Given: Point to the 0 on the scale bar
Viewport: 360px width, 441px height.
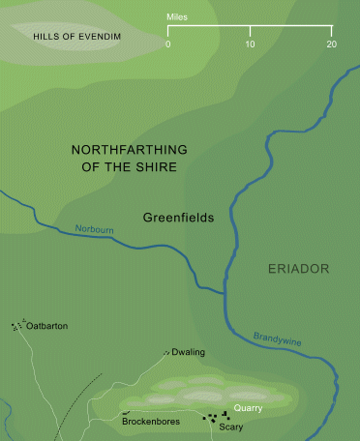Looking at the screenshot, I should tap(167, 44).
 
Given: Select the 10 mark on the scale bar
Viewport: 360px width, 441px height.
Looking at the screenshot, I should tap(250, 44).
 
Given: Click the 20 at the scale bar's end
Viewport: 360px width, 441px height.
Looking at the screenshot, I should tap(331, 44).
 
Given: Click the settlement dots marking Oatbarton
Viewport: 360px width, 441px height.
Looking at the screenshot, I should tap(16, 326).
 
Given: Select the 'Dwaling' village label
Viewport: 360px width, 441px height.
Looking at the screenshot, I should tap(190, 353).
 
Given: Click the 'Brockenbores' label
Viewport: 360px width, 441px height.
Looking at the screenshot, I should tap(149, 422).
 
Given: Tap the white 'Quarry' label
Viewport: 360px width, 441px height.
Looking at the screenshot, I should tap(249, 408).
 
